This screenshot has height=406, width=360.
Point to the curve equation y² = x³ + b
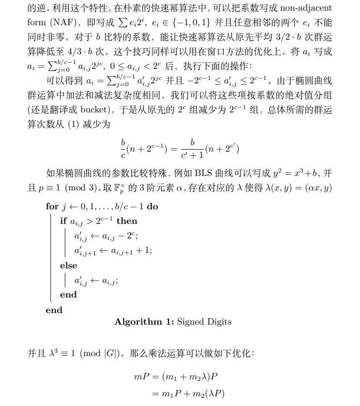tap(296, 173)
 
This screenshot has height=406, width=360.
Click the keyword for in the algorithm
tap(52, 206)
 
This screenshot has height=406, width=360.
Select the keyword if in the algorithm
tap(63, 221)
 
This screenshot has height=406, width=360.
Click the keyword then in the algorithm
tap(127, 221)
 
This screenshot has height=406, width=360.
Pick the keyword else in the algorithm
tap(68, 265)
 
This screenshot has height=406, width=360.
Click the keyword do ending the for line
tap(153, 206)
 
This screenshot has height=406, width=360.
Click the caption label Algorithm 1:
tap(144, 322)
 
